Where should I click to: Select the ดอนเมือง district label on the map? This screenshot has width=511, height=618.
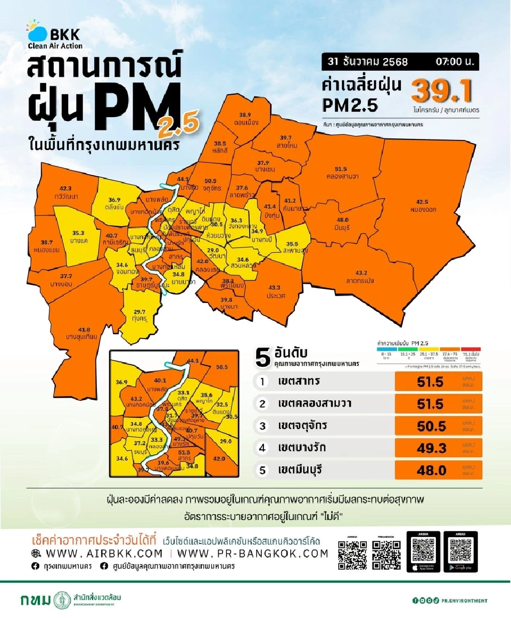coord(245,118)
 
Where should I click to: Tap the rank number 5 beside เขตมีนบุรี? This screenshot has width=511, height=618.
coord(262,470)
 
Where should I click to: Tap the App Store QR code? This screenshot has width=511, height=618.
coord(424,548)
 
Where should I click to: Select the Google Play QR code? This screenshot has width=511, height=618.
coord(460,548)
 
